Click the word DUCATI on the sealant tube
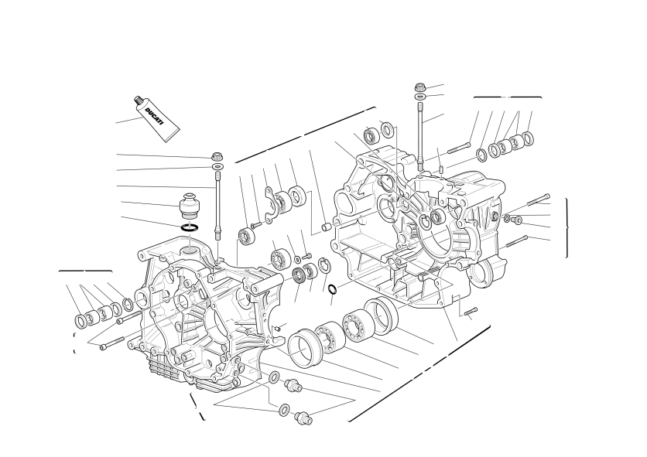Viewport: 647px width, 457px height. point(154,117)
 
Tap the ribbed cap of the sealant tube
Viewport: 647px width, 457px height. point(138,101)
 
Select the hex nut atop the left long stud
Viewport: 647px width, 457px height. point(217,157)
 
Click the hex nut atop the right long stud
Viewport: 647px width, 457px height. point(420,87)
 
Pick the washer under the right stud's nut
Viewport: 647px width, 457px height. point(420,96)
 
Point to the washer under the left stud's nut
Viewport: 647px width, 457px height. point(217,166)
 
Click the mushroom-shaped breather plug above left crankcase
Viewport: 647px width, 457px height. point(190,205)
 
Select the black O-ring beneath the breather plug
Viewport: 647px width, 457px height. point(190,227)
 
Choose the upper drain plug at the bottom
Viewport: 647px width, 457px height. point(293,386)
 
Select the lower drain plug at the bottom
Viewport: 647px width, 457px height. point(303,418)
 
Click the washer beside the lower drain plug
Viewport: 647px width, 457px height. point(284,410)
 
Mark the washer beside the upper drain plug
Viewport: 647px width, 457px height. point(274,377)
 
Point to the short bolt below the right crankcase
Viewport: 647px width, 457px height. point(471,312)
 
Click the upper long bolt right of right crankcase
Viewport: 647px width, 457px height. point(539,200)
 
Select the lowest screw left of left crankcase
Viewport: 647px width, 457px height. point(111,343)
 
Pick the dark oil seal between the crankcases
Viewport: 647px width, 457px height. point(298,274)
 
